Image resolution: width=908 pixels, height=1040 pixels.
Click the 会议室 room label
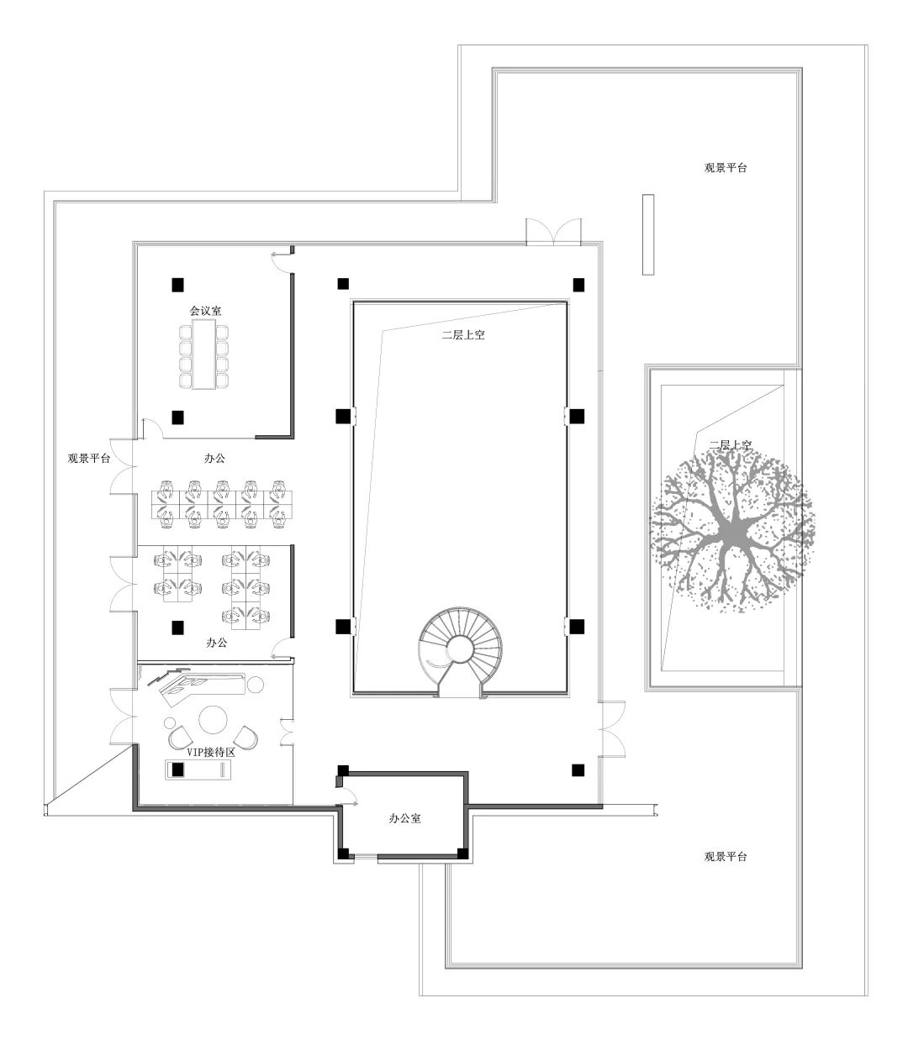pyautogui.click(x=205, y=311)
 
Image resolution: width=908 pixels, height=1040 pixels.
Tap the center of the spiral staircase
pyautogui.click(x=459, y=649)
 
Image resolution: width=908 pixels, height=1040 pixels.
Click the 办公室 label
pyautogui.click(x=404, y=817)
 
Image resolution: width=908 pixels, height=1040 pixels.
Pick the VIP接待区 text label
pyautogui.click(x=210, y=754)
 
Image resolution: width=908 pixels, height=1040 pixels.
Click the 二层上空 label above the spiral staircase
pyautogui.click(x=463, y=334)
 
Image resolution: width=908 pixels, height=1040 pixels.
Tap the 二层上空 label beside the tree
pyautogui.click(x=730, y=444)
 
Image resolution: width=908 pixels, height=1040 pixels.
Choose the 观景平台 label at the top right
pyautogui.click(x=725, y=167)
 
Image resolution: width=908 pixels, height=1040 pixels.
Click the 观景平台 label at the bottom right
pyautogui.click(x=725, y=857)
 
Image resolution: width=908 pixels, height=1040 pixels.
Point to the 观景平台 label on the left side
pyautogui.click(x=89, y=459)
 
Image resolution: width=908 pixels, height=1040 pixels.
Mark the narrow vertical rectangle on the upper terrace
pyautogui.click(x=647, y=234)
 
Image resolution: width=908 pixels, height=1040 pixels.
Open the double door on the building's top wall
pyautogui.click(x=553, y=232)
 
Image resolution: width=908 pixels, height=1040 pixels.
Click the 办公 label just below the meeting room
pyautogui.click(x=214, y=459)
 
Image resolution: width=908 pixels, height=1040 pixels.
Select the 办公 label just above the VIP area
pyautogui.click(x=217, y=643)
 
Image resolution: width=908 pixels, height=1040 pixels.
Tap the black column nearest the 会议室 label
pyautogui.click(x=177, y=285)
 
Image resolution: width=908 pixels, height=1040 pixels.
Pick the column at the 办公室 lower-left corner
pyautogui.click(x=344, y=854)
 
